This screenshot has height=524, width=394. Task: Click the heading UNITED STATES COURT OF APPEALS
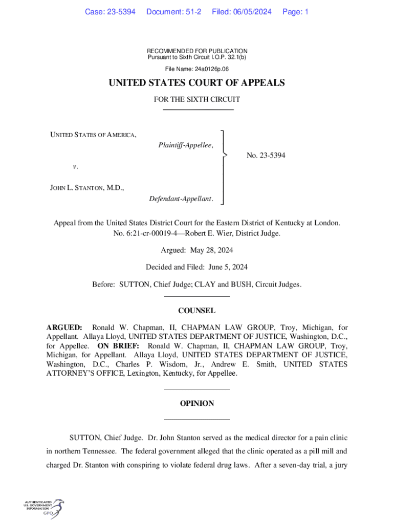[x=197, y=83]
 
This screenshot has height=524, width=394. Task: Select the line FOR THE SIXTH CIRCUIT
[x=197, y=99]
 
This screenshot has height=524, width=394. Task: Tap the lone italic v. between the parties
[x=75, y=166]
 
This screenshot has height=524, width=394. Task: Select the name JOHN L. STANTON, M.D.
[x=87, y=188]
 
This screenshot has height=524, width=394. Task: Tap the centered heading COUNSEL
[x=197, y=311]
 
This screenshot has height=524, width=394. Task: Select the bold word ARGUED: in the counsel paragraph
[x=64, y=327]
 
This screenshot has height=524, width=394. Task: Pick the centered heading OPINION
[x=197, y=404]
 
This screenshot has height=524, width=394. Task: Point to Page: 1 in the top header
[x=295, y=11]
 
